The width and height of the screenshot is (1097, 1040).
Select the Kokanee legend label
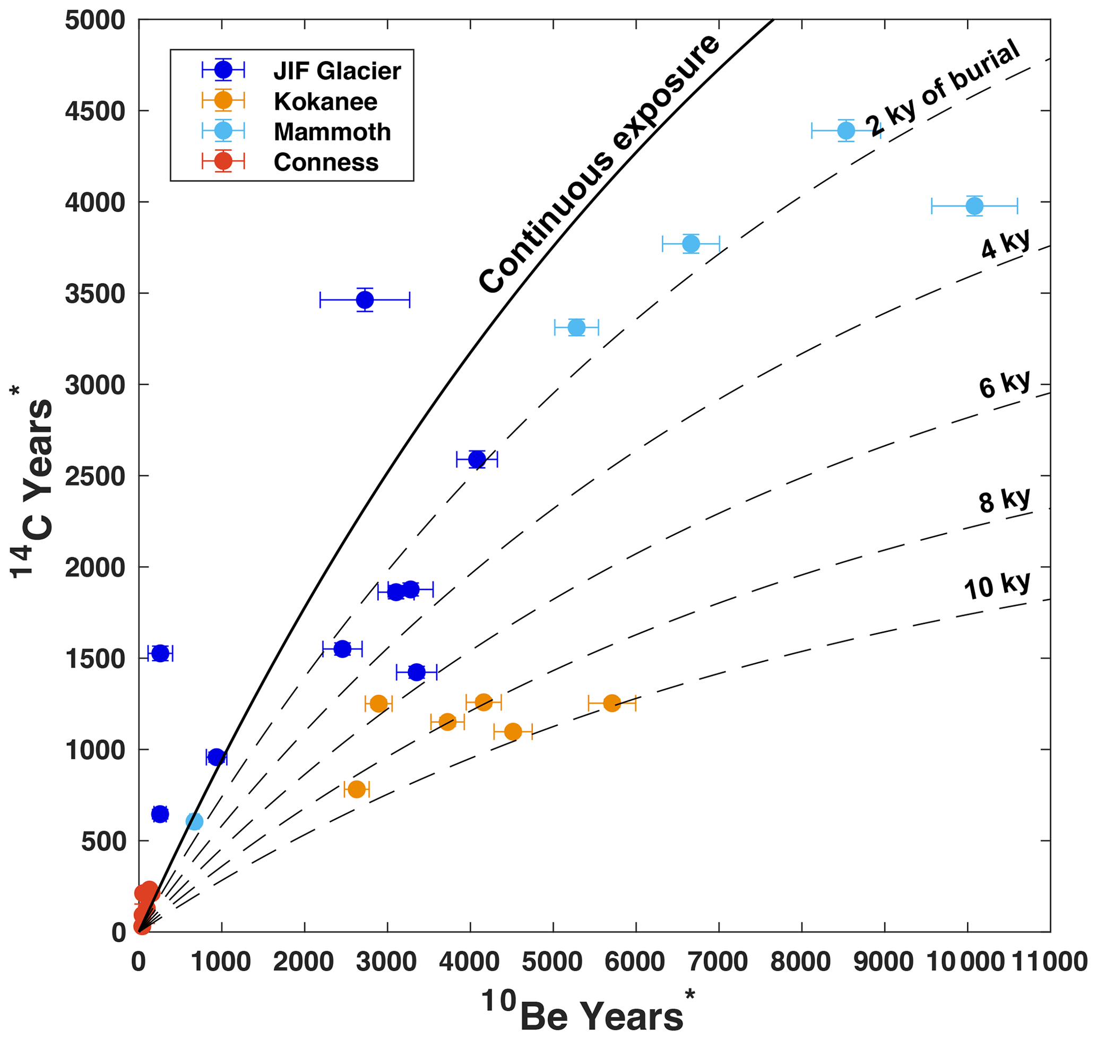pos(325,101)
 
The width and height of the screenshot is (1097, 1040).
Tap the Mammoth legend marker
pos(223,131)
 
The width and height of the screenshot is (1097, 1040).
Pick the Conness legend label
pos(326,162)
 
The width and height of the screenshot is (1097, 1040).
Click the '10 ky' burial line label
pos(997,585)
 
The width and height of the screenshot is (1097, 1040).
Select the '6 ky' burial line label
pos(1004,384)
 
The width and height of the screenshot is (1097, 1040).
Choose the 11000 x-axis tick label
pos(1050,962)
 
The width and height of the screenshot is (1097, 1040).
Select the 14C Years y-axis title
pos(33,482)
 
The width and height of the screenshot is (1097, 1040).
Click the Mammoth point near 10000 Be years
pos(974,206)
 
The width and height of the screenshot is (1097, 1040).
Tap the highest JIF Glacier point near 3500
pos(365,300)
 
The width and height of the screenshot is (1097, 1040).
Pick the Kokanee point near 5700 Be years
pos(612,703)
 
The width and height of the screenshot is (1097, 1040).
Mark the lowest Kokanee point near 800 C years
pos(357,789)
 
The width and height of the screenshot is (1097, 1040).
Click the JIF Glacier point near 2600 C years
pos(477,459)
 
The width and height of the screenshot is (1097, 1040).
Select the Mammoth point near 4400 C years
pos(846,131)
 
